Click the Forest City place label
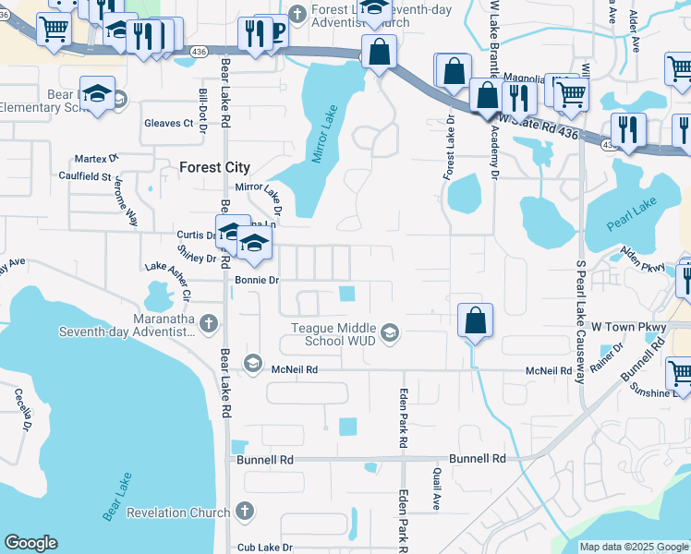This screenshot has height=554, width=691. pos(213,167)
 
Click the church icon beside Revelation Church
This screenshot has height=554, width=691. pos(244,511)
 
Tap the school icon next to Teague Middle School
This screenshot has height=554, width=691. pos(390,332)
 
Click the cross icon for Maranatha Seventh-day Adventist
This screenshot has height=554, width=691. pos(209,323)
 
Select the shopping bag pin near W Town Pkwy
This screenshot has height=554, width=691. pos(474,321)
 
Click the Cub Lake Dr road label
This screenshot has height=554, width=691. pos(264,547)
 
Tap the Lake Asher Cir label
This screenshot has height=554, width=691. pos(167,281)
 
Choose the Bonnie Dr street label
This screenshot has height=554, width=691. pos(256,280)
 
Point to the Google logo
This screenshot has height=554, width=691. pos(30,543)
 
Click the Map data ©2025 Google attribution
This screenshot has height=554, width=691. pos(633,547)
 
